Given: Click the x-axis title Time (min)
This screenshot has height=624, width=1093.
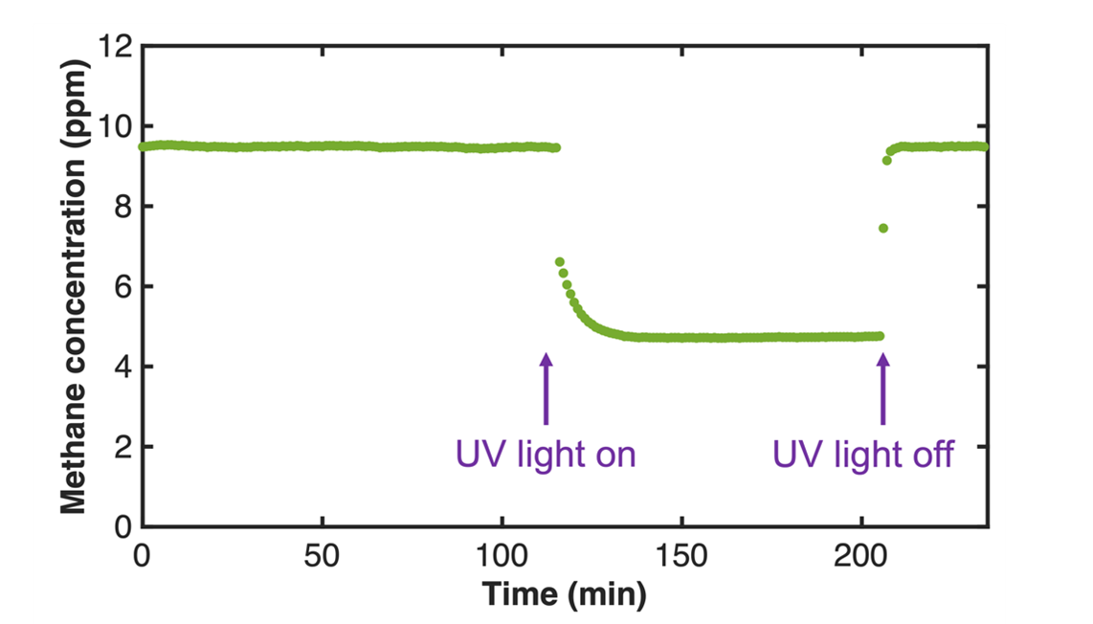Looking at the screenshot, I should tap(564, 594).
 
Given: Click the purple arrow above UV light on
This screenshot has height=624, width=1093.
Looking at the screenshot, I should tap(546, 389).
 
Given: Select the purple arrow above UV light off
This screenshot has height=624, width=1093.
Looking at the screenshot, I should tap(882, 389).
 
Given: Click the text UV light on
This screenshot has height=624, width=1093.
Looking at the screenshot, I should tap(546, 454).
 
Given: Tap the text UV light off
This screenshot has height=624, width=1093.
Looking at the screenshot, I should tap(863, 454).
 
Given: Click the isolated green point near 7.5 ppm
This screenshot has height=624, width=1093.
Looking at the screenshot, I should tap(883, 228).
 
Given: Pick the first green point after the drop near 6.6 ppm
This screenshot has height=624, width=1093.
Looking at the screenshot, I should tap(560, 261).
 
